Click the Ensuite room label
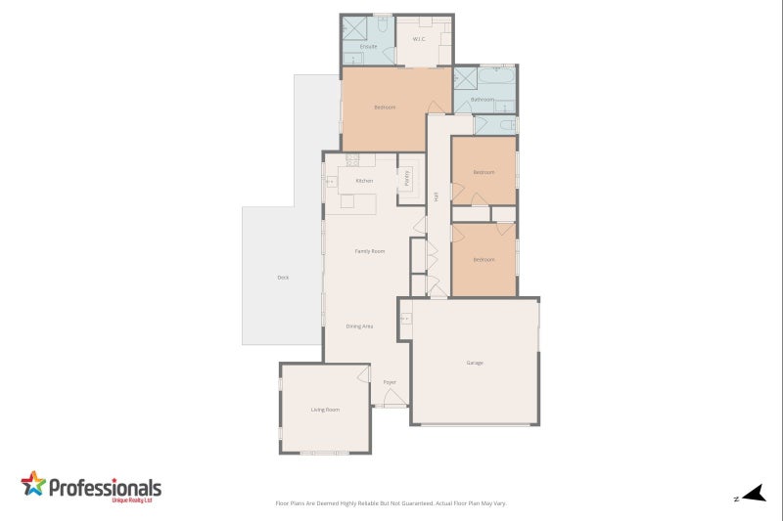click(x=368, y=47)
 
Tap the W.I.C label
click(x=418, y=40)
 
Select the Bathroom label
click(x=482, y=100)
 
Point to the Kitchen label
click(x=364, y=181)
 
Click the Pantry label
click(x=407, y=179)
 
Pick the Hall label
click(x=436, y=196)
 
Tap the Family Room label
click(x=369, y=251)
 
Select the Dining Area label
click(x=359, y=326)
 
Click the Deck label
click(x=283, y=278)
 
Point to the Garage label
click(x=475, y=363)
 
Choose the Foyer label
click(x=390, y=382)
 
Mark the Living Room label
click(x=325, y=410)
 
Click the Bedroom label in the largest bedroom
click(x=385, y=108)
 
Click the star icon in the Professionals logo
click(x=33, y=484)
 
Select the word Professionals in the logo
click(x=105, y=487)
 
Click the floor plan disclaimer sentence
click(x=391, y=503)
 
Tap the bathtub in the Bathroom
click(x=498, y=76)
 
